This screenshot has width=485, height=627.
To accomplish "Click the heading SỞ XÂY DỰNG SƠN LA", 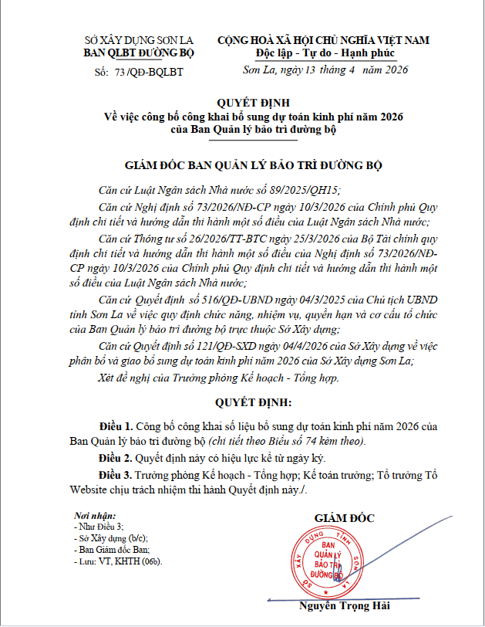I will tap(139, 40).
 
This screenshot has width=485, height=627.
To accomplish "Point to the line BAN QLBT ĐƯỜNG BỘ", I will tap(139, 53).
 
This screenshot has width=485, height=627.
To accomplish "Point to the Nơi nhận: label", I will tap(95, 515).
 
